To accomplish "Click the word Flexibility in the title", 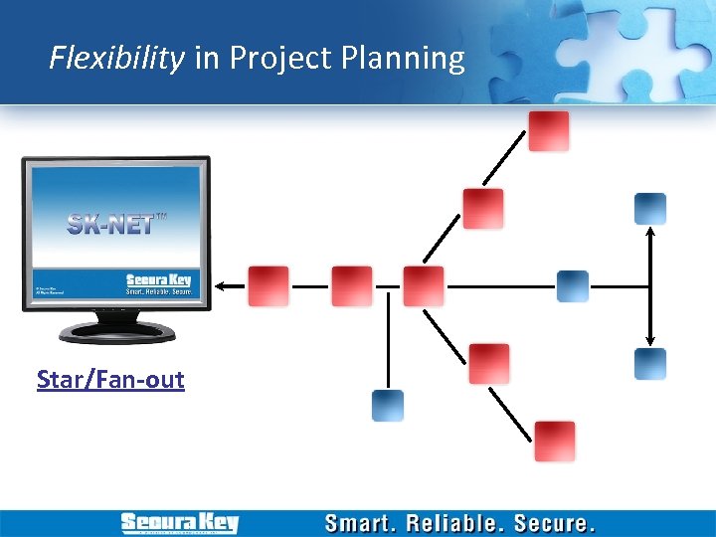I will pyautogui.click(x=116, y=59).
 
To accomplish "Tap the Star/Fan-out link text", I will pyautogui.click(x=110, y=380).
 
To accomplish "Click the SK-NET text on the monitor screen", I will pyautogui.click(x=111, y=224).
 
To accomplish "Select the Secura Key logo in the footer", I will pyautogui.click(x=180, y=523).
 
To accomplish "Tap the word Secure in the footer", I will pyautogui.click(x=556, y=523).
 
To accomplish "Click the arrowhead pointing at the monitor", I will pyautogui.click(x=224, y=286).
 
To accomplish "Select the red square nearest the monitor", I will pyautogui.click(x=268, y=286).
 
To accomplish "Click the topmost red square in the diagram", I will pyautogui.click(x=549, y=131).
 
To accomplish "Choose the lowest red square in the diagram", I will pyautogui.click(x=555, y=442).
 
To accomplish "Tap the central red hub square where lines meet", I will pyautogui.click(x=424, y=286).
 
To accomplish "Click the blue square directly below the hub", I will pyautogui.click(x=388, y=406).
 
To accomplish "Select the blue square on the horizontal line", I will pyautogui.click(x=573, y=286).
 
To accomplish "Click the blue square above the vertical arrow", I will pyautogui.click(x=650, y=209).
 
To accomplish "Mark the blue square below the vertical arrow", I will pyautogui.click(x=650, y=364).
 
